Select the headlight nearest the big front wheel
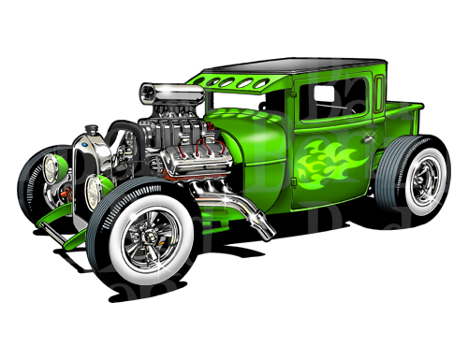pyautogui.click(x=95, y=192)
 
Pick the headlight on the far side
pyautogui.click(x=52, y=170)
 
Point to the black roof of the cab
pyautogui.click(x=281, y=65)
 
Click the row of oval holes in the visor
pyautogui.click(x=231, y=82)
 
